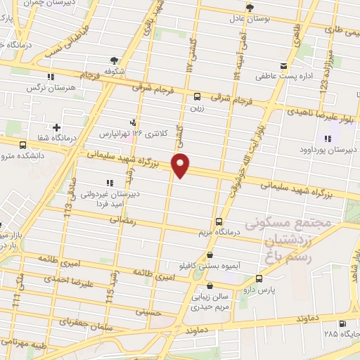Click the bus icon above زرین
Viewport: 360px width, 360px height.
coord(197,97)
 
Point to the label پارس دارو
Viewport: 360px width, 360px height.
coord(287,288)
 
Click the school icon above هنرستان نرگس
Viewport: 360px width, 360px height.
coord(50,77)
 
